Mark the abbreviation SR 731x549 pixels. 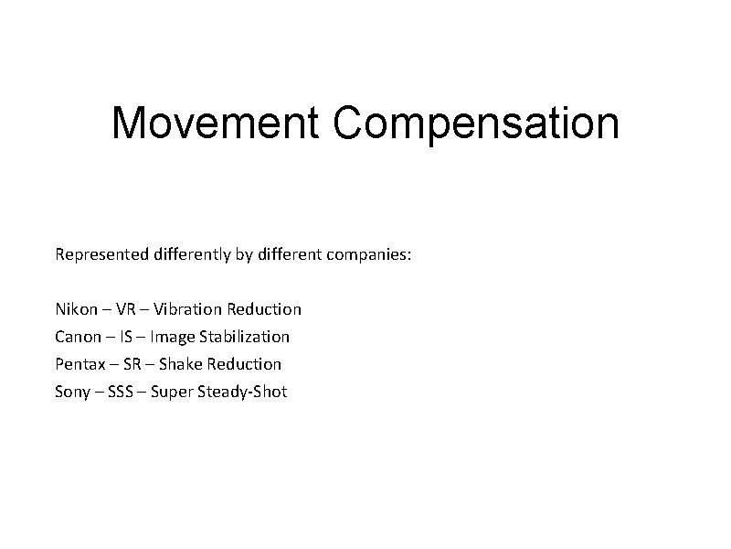pyautogui.click(x=132, y=364)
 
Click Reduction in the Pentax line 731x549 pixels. pyautogui.click(x=244, y=364)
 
